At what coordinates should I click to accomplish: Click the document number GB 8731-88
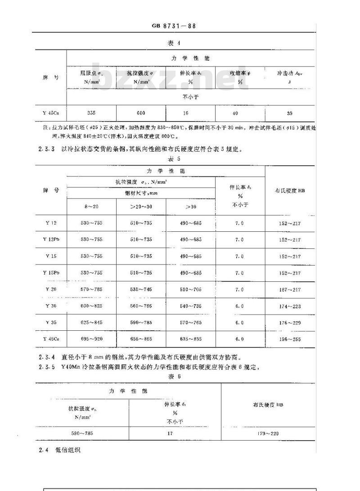point(174,26)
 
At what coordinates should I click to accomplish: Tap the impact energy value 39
point(289,113)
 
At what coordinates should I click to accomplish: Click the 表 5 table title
point(174,158)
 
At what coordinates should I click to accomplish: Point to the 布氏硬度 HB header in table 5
point(290,190)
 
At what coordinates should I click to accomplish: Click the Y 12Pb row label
point(51,239)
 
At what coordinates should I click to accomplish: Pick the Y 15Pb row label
point(51,273)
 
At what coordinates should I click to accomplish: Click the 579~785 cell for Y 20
point(91,289)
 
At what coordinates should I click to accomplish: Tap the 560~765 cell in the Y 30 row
point(141,306)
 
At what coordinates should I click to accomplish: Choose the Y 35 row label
point(51,323)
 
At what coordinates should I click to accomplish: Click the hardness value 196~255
point(290,339)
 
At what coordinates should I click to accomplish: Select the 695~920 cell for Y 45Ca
point(91,339)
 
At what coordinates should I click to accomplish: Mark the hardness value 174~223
point(290,306)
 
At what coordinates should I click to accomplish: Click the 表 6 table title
point(174,376)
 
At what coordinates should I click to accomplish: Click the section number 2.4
point(42,450)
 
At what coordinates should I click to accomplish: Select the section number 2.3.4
point(46,358)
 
